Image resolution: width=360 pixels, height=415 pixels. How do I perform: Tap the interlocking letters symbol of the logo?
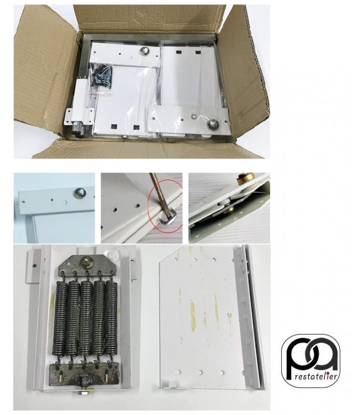point(311,355)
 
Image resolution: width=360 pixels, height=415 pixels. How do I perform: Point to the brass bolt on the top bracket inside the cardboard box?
point(145,50)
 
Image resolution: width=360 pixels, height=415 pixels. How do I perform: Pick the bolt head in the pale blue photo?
point(79,193)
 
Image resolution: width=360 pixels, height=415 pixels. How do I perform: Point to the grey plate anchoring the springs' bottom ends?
point(85,375)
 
